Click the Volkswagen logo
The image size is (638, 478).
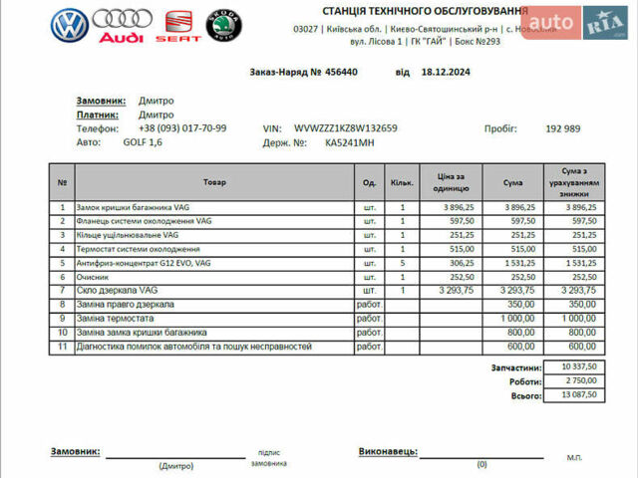click(70, 28)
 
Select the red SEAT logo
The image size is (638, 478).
click(178, 27)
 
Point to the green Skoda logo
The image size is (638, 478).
click(225, 26)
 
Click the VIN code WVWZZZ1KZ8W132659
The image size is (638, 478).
click(346, 128)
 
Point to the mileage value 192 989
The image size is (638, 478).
click(563, 128)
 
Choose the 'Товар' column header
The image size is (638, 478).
click(213, 182)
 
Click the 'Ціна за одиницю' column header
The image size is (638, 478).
click(447, 182)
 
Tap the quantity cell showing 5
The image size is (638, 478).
click(403, 262)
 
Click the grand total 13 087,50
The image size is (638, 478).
click(577, 395)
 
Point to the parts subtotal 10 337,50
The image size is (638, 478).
click(577, 367)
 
